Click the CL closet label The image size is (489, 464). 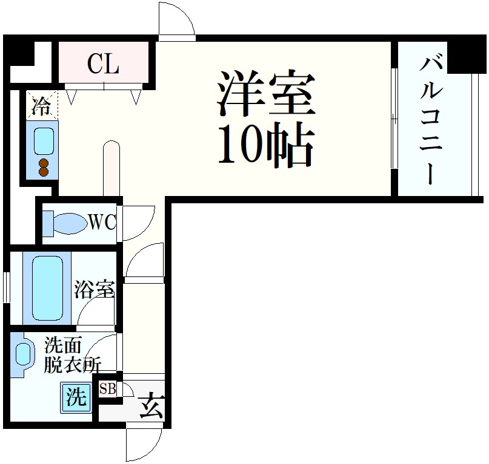[x=104, y=63]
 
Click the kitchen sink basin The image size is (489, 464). [x=44, y=140]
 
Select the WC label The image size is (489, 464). [x=102, y=223]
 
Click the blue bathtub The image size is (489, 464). [x=47, y=289]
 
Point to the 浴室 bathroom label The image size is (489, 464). [x=95, y=290]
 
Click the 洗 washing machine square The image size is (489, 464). [x=75, y=397]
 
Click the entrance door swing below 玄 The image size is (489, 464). [x=142, y=444]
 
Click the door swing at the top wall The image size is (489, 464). [x=176, y=21]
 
